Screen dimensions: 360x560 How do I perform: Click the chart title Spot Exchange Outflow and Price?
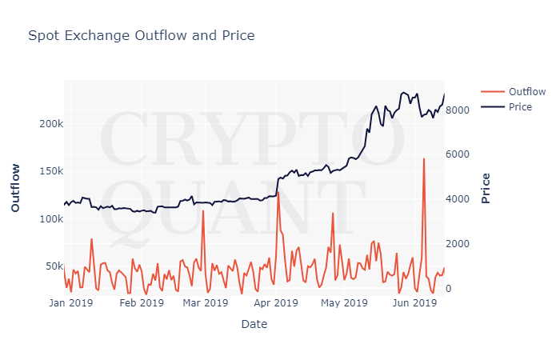pyautogui.click(x=142, y=35)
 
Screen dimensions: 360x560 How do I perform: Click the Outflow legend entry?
pyautogui.click(x=526, y=91)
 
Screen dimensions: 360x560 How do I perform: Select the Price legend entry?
pyautogui.click(x=520, y=107)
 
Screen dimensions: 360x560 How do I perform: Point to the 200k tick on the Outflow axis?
pyautogui.click(x=50, y=124)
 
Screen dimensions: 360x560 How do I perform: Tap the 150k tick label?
pyautogui.click(x=50, y=171)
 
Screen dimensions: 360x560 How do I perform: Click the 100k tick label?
pyautogui.click(x=50, y=218)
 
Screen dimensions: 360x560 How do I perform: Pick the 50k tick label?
pyautogui.click(x=53, y=266)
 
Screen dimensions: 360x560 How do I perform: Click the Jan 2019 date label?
pyautogui.click(x=70, y=302)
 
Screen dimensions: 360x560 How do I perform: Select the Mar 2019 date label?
pyautogui.click(x=205, y=302)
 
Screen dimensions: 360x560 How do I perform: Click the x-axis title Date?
pyautogui.click(x=254, y=324)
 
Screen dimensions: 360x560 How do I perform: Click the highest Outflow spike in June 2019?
pyautogui.click(x=424, y=159)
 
